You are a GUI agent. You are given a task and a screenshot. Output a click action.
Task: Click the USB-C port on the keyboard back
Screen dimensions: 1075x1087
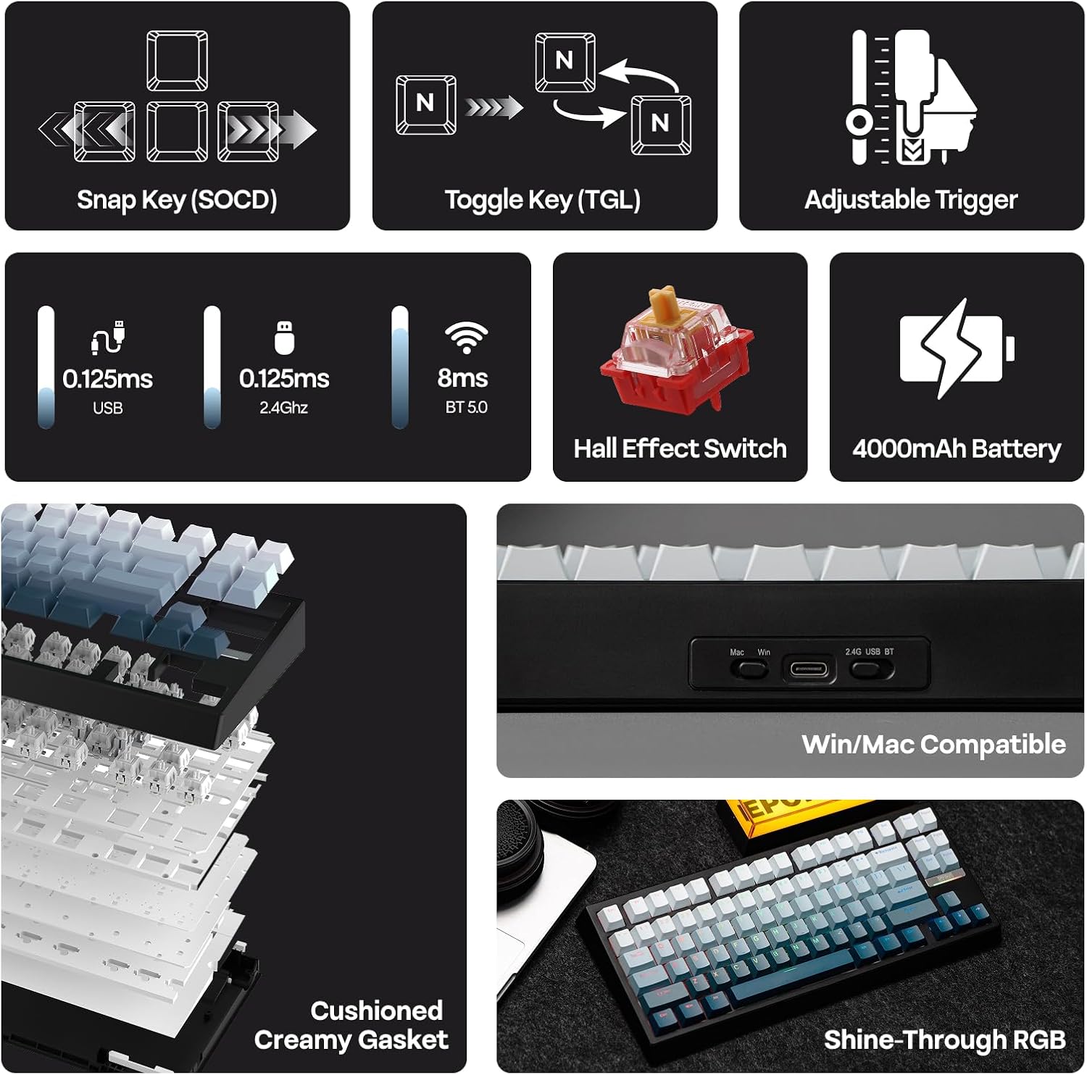(x=808, y=668)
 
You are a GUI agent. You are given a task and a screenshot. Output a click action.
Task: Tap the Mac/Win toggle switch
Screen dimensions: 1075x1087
(x=750, y=669)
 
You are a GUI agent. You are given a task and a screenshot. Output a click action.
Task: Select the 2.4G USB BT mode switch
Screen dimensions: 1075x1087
(x=869, y=669)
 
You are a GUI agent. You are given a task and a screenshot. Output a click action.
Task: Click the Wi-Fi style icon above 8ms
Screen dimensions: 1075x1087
(x=466, y=336)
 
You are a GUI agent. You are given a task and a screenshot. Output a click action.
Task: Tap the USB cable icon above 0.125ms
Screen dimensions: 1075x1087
(x=108, y=338)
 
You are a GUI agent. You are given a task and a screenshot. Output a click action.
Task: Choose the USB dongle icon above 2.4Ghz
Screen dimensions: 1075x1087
(x=284, y=338)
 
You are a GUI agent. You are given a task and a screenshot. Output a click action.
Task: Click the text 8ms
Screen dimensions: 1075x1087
(x=462, y=378)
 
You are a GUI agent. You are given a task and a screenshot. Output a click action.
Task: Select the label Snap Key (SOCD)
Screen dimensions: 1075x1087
(x=177, y=200)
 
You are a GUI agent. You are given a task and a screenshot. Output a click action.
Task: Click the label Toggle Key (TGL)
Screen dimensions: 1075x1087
(x=543, y=200)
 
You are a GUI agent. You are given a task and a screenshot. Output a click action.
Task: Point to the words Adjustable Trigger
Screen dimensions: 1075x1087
(x=911, y=200)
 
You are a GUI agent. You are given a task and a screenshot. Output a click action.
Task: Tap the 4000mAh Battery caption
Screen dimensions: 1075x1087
(x=957, y=449)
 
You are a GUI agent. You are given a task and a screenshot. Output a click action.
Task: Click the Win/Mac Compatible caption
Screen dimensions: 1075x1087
(x=933, y=745)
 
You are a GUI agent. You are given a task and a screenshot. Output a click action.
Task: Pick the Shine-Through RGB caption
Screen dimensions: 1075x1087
(x=944, y=1040)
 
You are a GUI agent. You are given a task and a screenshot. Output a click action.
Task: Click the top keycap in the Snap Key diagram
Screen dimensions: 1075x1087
(x=178, y=61)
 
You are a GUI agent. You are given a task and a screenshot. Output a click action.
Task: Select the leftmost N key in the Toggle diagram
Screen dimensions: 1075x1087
(x=426, y=105)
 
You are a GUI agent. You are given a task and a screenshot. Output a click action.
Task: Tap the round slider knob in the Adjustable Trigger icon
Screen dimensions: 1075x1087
(x=859, y=122)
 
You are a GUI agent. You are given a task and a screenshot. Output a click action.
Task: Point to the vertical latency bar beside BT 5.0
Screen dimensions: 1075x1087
(x=400, y=367)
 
